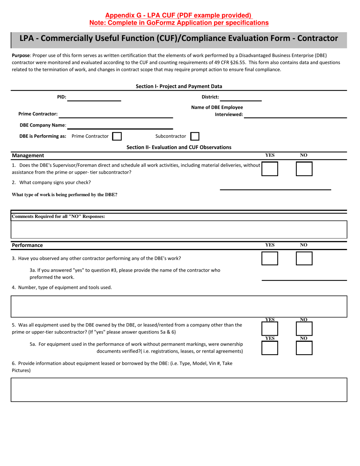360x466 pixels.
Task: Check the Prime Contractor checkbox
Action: pyautogui.click(x=117, y=136)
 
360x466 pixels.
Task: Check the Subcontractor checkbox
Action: pyautogui.click(x=195, y=136)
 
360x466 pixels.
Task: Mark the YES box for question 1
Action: pyautogui.click(x=270, y=169)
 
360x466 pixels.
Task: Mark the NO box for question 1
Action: pyautogui.click(x=304, y=169)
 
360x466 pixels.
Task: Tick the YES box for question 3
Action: pyautogui.click(x=270, y=258)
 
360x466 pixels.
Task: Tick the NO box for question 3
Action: pyautogui.click(x=304, y=258)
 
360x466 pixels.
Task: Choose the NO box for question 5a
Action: pyautogui.click(x=304, y=348)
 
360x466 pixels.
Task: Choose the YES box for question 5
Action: pyautogui.click(x=270, y=329)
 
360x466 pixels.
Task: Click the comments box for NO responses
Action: pyautogui.click(x=179, y=230)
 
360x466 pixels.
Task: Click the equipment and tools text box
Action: pyautogui.click(x=179, y=306)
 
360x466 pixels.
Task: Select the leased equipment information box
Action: pyautogui.click(x=179, y=389)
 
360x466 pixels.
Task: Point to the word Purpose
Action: pyautogui.click(x=21, y=55)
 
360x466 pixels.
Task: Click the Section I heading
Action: pyautogui.click(x=179, y=86)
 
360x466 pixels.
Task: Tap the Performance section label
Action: pyautogui.click(x=27, y=245)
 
